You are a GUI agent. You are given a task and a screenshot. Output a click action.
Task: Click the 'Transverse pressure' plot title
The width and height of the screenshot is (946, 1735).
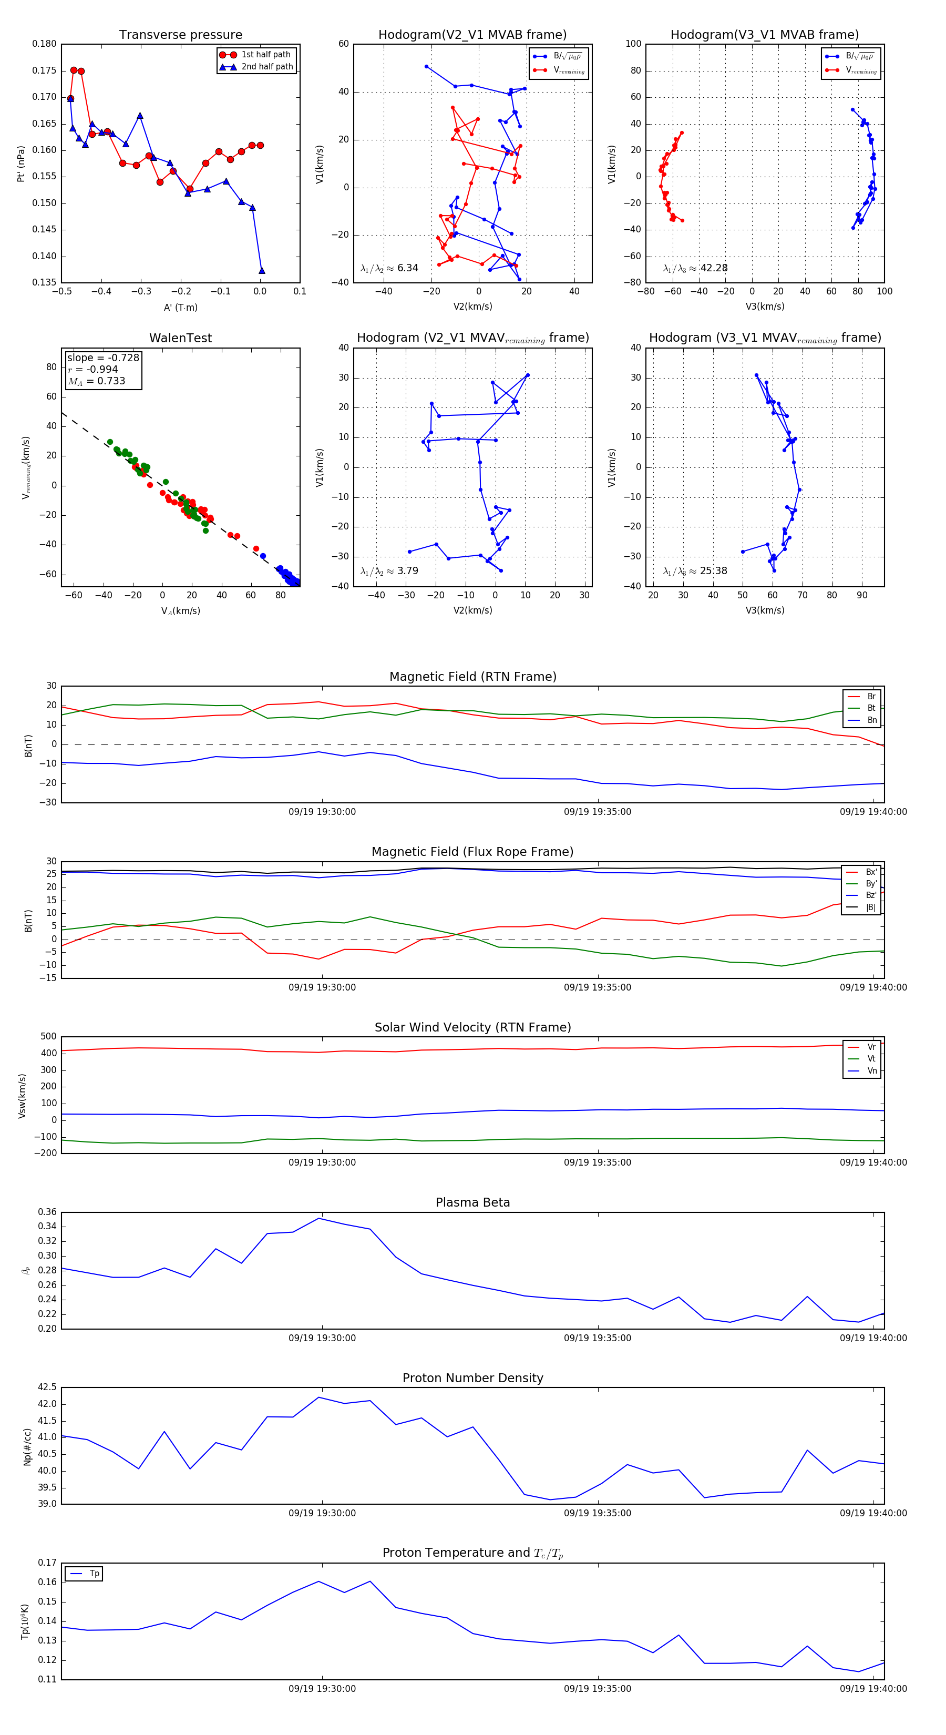pyautogui.click(x=180, y=35)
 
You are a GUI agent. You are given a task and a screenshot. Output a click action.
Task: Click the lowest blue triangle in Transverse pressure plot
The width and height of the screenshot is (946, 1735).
pyautogui.click(x=262, y=271)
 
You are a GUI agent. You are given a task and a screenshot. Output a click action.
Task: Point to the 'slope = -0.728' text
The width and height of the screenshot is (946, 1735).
pyautogui.click(x=103, y=358)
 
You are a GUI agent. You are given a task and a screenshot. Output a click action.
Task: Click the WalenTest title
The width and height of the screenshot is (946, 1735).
pyautogui.click(x=180, y=338)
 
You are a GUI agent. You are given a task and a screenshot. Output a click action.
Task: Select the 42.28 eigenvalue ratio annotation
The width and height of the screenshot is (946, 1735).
pyautogui.click(x=695, y=268)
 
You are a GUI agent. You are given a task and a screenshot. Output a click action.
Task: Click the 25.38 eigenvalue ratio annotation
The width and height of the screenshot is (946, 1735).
pyautogui.click(x=695, y=571)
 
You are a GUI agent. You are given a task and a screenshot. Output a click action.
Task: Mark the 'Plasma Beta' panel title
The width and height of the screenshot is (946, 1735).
pyautogui.click(x=472, y=1202)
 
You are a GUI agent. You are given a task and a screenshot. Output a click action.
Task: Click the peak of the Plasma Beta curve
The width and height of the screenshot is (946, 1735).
pyautogui.click(x=319, y=1218)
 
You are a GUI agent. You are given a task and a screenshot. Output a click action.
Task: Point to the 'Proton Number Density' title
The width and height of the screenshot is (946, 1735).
pyautogui.click(x=472, y=1378)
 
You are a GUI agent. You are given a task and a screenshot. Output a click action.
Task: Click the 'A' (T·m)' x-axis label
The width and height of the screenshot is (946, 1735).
pyautogui.click(x=180, y=307)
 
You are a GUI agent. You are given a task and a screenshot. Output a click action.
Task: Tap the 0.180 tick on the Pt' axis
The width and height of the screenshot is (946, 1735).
pyautogui.click(x=45, y=44)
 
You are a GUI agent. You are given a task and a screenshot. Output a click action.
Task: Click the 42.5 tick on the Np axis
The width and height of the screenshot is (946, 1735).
pyautogui.click(x=47, y=1387)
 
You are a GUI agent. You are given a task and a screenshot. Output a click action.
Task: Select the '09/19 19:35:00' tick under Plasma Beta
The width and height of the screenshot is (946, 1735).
pyautogui.click(x=597, y=1338)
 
